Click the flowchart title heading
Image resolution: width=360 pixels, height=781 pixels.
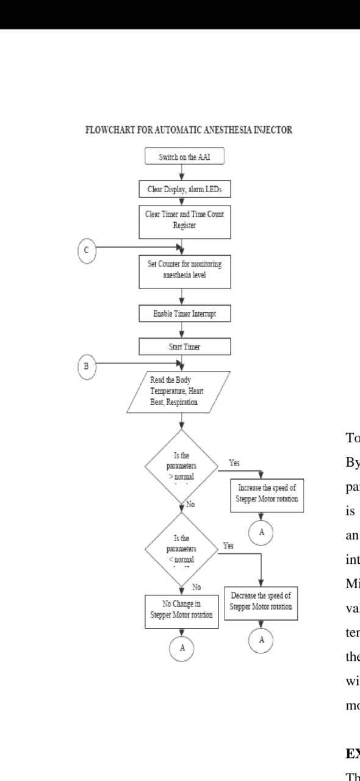189,130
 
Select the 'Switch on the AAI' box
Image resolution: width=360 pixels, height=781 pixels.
184,156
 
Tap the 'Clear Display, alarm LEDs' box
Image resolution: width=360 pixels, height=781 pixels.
184,189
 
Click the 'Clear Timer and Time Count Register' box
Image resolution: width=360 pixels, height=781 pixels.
184,220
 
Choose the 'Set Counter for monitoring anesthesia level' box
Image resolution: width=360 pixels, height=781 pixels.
184,270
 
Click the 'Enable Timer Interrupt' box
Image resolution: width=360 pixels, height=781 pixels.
184,314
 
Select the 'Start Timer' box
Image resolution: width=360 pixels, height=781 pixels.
184,347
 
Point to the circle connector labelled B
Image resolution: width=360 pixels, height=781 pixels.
87,366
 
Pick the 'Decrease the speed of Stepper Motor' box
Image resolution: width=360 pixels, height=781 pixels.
261,601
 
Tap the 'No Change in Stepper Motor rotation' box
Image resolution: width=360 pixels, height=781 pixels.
181,608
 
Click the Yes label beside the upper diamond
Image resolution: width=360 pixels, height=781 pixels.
234,463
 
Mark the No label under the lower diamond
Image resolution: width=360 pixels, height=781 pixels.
196,587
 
